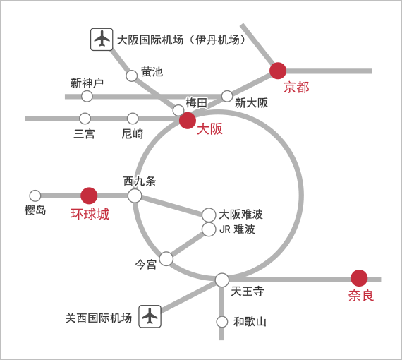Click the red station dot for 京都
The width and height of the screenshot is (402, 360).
click(278, 71)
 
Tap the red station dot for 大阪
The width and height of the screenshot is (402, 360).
click(188, 120)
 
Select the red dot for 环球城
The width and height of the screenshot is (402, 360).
click(89, 196)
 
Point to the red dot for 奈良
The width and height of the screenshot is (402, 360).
click(359, 278)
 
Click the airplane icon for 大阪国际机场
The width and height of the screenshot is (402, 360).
click(102, 40)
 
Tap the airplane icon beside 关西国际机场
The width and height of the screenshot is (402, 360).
click(150, 316)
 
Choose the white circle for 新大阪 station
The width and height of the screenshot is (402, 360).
click(227, 96)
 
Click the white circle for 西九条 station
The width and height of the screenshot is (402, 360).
click(135, 196)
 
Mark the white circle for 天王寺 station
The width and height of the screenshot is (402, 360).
click(222, 280)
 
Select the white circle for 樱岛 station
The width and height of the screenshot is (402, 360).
click(35, 196)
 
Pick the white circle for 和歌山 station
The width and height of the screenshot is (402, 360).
click(222, 322)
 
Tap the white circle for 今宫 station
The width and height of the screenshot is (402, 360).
click(166, 258)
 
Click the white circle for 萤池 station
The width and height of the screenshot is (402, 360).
click(132, 76)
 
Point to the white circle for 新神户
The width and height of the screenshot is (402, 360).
click(87, 96)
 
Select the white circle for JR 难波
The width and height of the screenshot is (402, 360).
click(209, 229)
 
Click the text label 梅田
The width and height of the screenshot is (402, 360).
click(196, 103)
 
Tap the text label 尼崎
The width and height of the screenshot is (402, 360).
click(133, 133)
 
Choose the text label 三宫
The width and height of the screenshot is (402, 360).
click(84, 133)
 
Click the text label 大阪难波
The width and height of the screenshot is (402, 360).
click(241, 215)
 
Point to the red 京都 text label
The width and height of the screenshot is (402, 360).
click(296, 88)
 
